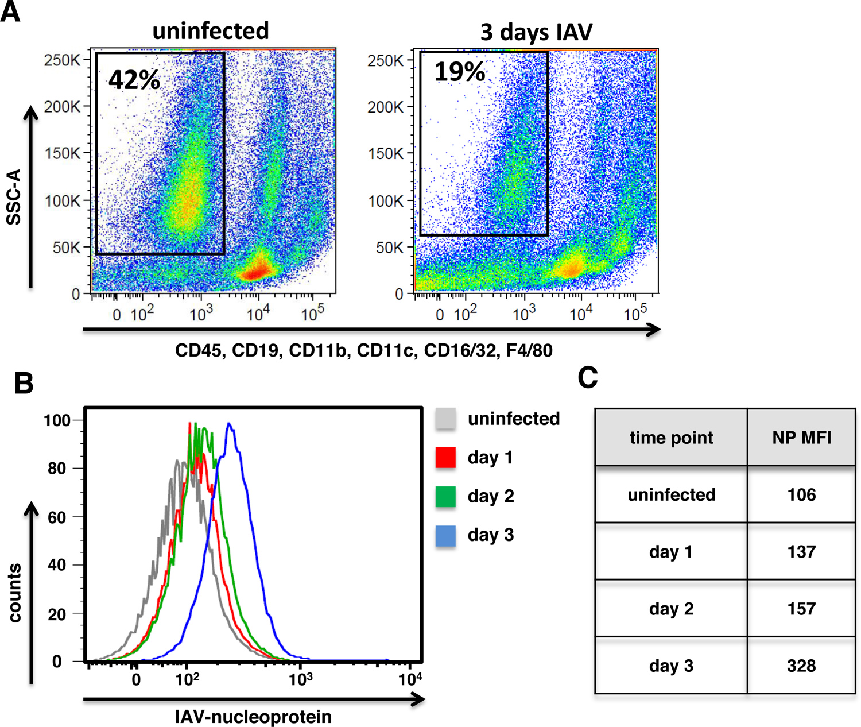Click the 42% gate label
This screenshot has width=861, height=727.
click(134, 80)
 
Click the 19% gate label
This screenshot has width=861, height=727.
click(459, 72)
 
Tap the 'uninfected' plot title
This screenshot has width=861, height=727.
click(211, 31)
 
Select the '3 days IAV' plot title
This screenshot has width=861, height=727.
click(536, 32)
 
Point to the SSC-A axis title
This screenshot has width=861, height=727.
click(14, 197)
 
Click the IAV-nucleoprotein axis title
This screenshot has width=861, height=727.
click(253, 717)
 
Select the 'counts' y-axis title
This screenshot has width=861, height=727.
click(14, 593)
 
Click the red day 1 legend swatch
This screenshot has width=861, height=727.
click(445, 457)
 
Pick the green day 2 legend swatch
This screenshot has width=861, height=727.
click(445, 496)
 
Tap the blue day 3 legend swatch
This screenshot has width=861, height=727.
click(445, 536)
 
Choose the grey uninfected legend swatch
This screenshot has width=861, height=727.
click(445, 419)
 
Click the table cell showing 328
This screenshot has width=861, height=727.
click(801, 666)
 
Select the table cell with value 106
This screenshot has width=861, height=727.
click(801, 494)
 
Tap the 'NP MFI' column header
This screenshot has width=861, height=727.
click(801, 438)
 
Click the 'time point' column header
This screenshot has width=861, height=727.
click(672, 438)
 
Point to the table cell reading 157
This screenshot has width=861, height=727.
click(801, 609)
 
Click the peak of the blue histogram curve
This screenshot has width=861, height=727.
click(229, 423)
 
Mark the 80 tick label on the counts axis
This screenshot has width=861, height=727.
click(56, 468)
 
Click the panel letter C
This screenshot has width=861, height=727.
click(588, 377)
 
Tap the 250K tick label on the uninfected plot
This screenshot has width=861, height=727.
click(62, 60)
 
